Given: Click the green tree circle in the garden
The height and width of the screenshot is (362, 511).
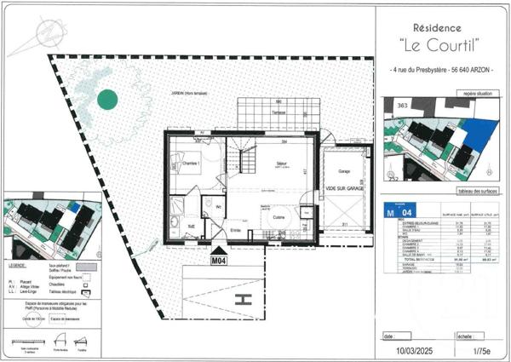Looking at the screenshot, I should coord(106,100).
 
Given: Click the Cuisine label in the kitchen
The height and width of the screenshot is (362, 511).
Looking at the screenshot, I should coord(278,218).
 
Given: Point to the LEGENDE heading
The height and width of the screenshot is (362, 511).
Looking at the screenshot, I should coord(19,253).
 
